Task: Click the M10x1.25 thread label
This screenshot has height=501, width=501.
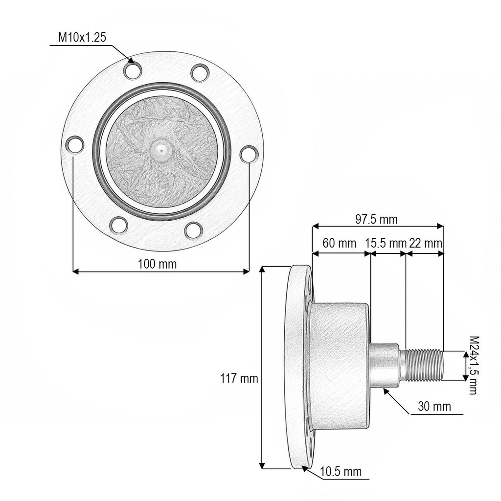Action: tap(82, 37)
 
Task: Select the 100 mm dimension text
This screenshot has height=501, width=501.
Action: tap(157, 264)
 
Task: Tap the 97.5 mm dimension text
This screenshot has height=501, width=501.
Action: tap(376, 220)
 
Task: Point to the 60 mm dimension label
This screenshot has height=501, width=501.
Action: tap(339, 243)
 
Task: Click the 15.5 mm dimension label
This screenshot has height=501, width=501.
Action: tap(386, 243)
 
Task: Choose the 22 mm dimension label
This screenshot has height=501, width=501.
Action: tap(426, 243)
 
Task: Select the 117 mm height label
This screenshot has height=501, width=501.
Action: tap(239, 378)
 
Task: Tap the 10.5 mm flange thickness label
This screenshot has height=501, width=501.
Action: tap(341, 472)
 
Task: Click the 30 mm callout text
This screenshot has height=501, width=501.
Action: tap(434, 407)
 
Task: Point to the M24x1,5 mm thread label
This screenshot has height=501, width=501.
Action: tap(474, 365)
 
